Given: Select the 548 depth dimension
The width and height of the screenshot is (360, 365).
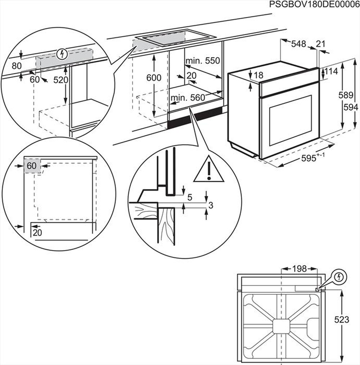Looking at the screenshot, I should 298,44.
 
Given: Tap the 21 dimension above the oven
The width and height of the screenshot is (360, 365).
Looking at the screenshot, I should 320,44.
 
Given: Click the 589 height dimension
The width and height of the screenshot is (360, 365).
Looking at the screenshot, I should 346,95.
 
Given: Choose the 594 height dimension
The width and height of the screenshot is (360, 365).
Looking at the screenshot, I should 351,107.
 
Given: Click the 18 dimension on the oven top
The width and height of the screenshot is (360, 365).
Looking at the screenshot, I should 258,75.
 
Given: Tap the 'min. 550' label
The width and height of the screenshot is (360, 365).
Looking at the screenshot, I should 202,61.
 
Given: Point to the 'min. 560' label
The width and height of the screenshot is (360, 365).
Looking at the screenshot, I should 188,97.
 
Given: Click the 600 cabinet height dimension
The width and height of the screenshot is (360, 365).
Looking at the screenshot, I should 154,77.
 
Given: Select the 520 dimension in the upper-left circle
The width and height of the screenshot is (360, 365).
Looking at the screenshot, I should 60,80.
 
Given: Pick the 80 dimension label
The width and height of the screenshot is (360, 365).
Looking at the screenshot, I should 17,66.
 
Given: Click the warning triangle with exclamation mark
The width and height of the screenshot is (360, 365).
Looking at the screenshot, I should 209,170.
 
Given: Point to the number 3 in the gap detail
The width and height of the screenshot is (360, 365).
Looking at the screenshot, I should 211,205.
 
